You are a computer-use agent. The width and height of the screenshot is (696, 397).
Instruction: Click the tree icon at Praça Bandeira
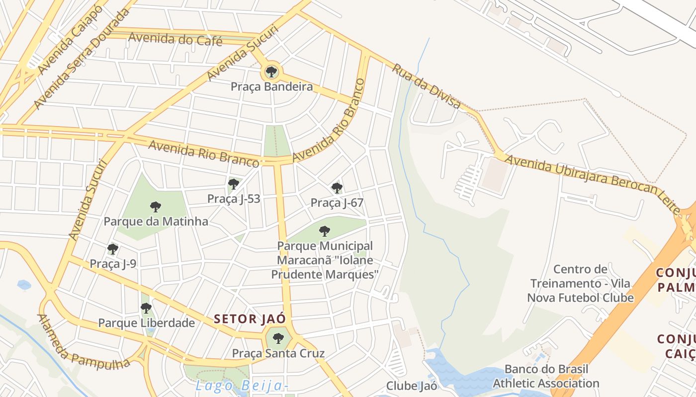pos(271,72)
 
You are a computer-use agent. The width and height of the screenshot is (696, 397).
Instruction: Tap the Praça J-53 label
pos(234,199)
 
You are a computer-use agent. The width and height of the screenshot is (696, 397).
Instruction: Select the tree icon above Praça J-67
pos(337,188)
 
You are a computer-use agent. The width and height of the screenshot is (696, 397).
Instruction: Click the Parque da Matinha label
pos(156,221)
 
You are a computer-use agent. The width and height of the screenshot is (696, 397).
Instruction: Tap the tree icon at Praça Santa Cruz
pos(278,339)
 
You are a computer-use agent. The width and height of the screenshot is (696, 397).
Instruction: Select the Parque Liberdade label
pos(146,323)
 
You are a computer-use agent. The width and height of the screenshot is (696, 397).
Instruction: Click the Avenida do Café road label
pos(175,39)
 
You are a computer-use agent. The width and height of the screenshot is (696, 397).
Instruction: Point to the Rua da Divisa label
pos(427,85)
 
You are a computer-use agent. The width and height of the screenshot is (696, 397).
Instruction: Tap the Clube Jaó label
pos(412,386)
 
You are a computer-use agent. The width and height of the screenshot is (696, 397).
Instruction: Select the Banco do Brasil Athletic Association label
pos(546,376)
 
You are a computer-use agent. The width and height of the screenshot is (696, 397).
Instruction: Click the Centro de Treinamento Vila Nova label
pos(580,283)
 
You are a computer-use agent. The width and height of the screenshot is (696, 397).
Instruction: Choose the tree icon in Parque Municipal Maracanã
pos(325,231)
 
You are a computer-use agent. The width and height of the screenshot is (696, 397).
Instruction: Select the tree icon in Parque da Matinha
pos(156,207)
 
